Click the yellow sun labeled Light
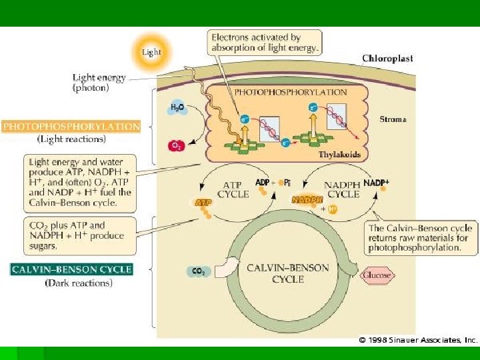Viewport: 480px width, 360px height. (151, 51)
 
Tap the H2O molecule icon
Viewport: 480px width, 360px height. (177, 108)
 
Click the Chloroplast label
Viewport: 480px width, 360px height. (387, 59)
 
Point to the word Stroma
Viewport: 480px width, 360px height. (393, 120)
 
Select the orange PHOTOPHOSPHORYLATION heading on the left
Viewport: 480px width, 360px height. (72, 126)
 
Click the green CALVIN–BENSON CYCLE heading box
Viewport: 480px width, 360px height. (72, 270)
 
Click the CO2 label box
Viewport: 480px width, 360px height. (199, 272)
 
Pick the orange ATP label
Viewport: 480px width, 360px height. (202, 202)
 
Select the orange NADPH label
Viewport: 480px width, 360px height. (307, 199)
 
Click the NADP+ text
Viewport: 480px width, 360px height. (377, 183)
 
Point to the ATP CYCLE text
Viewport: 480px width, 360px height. (233, 189)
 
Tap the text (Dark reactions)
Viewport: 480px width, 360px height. (79, 283)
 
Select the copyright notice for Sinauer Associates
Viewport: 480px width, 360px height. (419, 340)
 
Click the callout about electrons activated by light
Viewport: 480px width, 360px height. (265, 42)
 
